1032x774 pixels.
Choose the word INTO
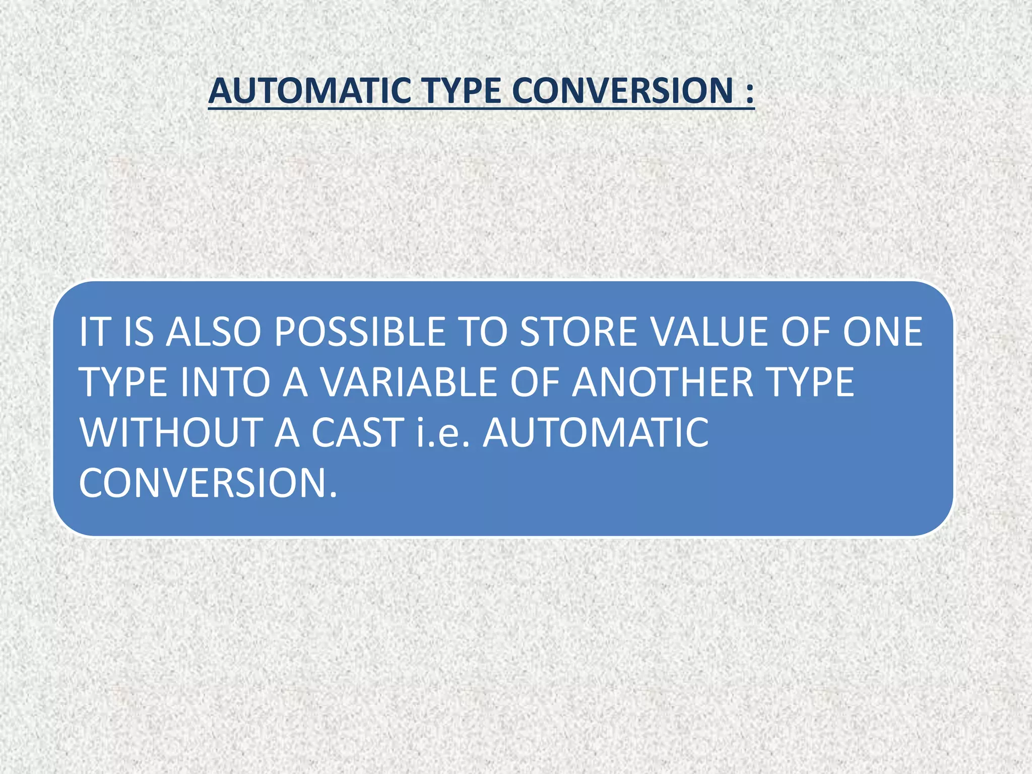tap(225, 382)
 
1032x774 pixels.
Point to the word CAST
tap(357, 432)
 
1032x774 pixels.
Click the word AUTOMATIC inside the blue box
tap(596, 432)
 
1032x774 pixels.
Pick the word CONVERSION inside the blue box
tap(207, 483)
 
